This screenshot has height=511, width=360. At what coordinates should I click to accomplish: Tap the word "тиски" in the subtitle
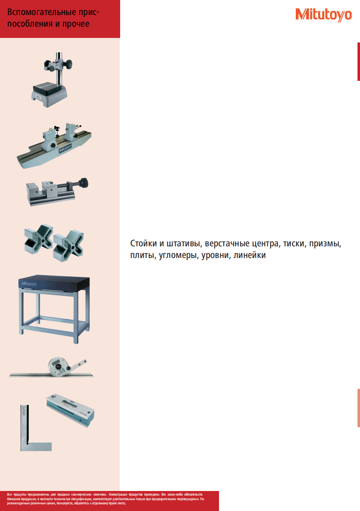[293, 243]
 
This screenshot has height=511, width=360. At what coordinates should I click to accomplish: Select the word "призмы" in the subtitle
[327, 243]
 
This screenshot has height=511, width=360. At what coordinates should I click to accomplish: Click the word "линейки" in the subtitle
[250, 255]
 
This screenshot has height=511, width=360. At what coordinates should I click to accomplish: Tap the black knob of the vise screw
[85, 183]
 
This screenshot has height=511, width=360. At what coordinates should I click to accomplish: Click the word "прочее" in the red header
[76, 24]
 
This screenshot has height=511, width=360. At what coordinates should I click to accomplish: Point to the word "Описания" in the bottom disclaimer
[14, 498]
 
